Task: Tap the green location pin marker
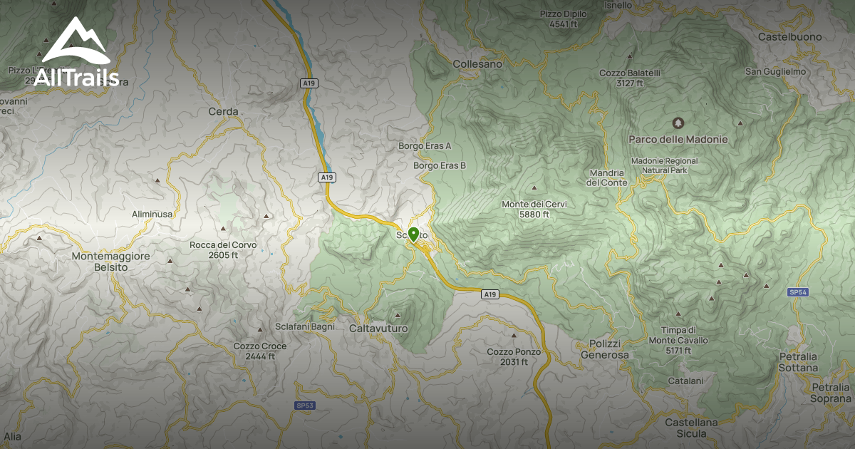(x=413, y=234)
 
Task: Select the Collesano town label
(x=477, y=64)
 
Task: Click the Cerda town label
(x=223, y=112)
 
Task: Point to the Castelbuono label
(x=790, y=37)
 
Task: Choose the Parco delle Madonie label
(x=678, y=140)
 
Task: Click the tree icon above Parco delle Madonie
(x=678, y=123)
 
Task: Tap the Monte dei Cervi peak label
(x=534, y=209)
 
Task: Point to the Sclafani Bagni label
(x=305, y=327)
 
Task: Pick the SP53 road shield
(x=305, y=406)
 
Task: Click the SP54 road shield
(x=798, y=292)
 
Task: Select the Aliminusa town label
(x=152, y=214)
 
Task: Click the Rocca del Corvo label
(x=223, y=250)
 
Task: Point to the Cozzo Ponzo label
(x=514, y=356)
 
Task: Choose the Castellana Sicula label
(x=691, y=428)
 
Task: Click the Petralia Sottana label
(x=798, y=362)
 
